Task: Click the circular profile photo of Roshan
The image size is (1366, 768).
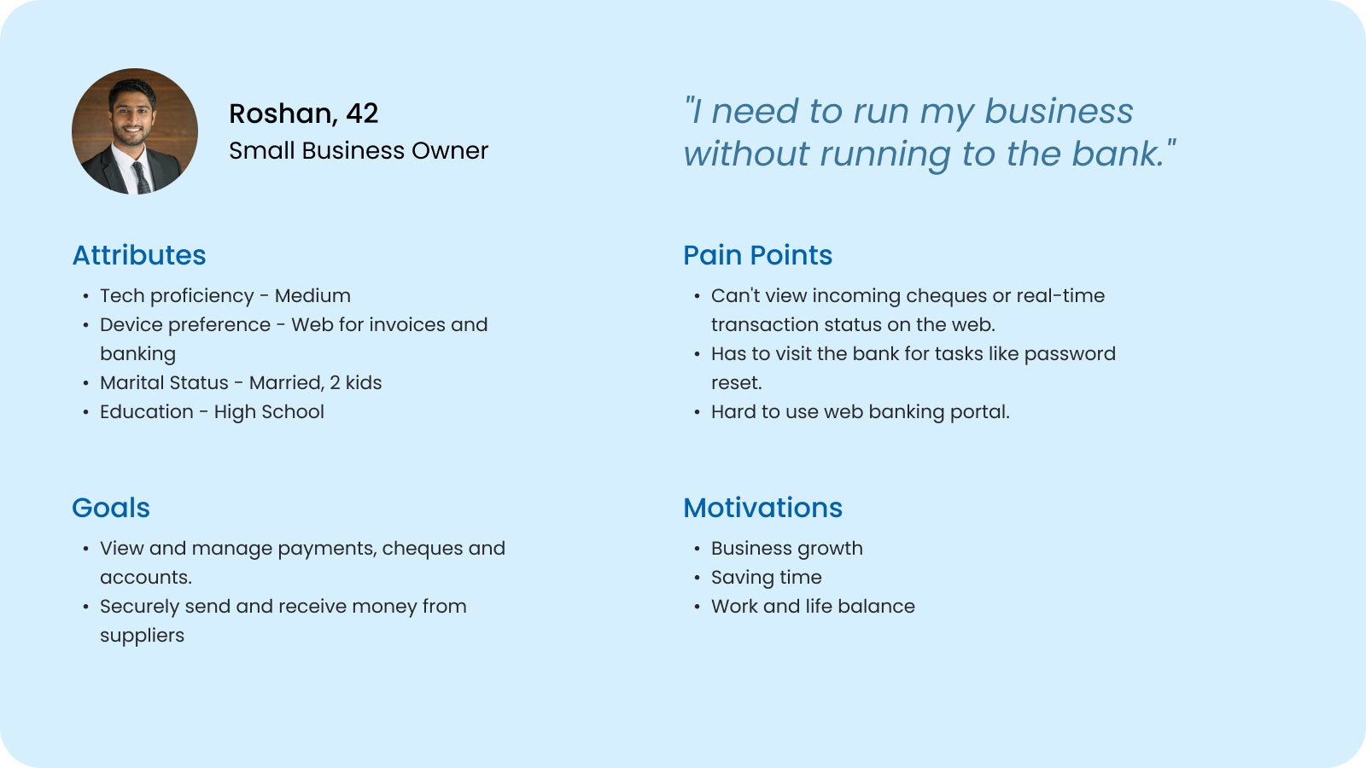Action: (135, 131)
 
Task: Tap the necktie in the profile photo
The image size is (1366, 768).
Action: (141, 177)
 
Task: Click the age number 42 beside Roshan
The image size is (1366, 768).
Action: (362, 114)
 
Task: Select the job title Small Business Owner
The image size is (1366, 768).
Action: (359, 151)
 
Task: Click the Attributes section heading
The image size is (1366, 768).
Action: (139, 255)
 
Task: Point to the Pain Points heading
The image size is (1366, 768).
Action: (757, 255)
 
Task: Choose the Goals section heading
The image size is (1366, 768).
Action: (111, 509)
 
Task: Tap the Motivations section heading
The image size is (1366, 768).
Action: (763, 509)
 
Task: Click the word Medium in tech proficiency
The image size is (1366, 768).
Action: (312, 296)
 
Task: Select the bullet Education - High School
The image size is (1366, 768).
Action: (213, 412)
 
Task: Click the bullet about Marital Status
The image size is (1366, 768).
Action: (241, 383)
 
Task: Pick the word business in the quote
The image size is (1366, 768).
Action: (1059, 112)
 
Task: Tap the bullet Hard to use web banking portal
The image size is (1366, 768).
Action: (861, 412)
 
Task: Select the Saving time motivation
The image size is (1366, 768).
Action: (767, 578)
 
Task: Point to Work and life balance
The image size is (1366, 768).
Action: (813, 607)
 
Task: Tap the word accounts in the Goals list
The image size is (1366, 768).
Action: (146, 578)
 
